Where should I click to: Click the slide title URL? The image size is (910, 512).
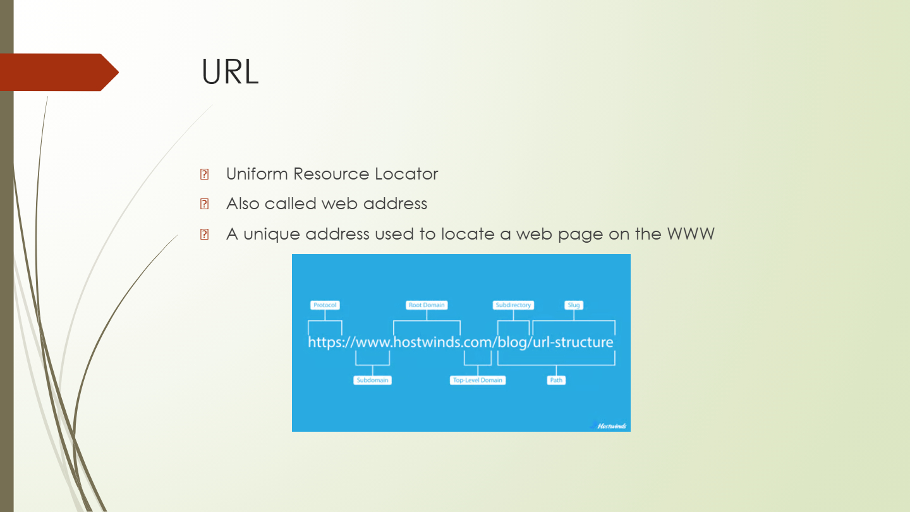(230, 72)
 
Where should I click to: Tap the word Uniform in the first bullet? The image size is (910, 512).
(257, 174)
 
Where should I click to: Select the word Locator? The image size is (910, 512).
(406, 174)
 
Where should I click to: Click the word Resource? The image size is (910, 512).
(331, 174)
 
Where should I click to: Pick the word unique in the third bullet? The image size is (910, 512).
(272, 235)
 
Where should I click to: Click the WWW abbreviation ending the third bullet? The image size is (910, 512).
(691, 234)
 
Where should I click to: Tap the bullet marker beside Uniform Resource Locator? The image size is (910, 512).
(204, 174)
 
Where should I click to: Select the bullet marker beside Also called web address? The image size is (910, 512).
(204, 204)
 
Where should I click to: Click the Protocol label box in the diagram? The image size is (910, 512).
(325, 305)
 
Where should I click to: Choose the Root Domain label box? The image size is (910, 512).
(427, 305)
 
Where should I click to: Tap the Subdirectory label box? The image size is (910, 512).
(513, 305)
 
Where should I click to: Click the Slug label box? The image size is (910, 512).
(574, 305)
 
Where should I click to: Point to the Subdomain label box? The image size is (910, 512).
(373, 381)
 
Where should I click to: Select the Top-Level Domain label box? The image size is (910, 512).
(478, 381)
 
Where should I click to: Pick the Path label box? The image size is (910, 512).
(556, 381)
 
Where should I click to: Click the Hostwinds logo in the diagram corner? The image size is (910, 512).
(609, 425)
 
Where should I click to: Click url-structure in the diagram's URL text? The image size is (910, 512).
(573, 342)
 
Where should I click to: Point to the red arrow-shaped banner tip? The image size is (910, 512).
(119, 72)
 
